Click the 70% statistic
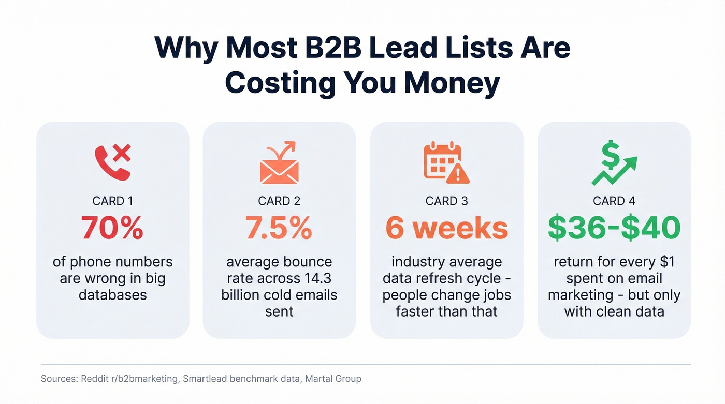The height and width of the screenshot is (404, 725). [112, 228]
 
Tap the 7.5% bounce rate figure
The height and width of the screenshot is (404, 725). [279, 228]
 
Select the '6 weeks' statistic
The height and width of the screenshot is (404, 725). [447, 228]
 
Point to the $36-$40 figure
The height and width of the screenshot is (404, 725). [614, 228]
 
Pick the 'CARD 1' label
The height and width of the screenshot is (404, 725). [112, 201]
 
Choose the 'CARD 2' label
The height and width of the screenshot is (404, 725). [279, 201]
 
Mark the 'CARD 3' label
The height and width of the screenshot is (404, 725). [447, 201]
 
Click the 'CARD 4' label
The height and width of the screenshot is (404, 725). [614, 201]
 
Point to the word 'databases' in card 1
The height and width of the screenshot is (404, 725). [112, 295]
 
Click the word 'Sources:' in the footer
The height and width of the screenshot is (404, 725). [59, 379]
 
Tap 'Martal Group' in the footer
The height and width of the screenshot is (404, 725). [333, 379]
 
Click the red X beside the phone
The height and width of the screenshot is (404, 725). [122, 153]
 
